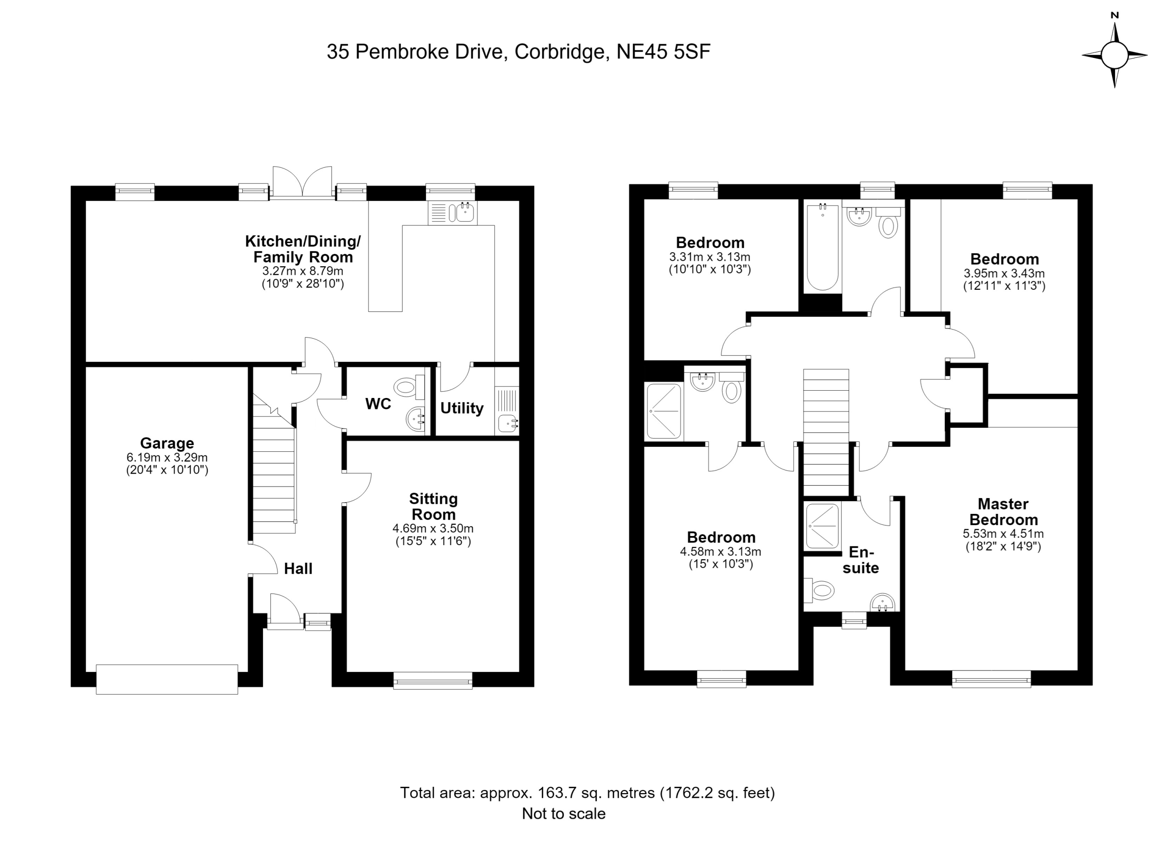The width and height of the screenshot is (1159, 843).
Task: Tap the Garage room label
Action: tap(167, 443)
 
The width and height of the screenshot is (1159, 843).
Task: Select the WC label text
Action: tap(378, 404)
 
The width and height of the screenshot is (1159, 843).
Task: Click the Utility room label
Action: tap(462, 408)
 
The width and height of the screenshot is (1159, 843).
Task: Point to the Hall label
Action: tap(298, 569)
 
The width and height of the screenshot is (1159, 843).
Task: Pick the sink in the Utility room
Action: tap(508, 423)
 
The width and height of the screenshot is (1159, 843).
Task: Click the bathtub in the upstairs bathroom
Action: tap(823, 248)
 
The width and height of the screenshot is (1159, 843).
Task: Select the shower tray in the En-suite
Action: tap(822, 526)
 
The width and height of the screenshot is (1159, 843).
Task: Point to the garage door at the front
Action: tap(167, 679)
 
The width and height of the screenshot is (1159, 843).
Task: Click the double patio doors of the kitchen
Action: tap(302, 182)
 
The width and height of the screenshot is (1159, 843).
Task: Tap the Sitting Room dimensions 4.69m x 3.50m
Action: tap(433, 529)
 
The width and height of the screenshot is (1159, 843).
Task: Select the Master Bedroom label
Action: tap(1004, 512)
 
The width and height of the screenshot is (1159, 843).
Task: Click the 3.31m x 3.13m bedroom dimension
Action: tap(710, 257)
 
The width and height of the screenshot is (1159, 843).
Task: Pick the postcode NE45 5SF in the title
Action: tap(663, 52)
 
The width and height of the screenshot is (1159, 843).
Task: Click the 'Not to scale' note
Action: tap(564, 814)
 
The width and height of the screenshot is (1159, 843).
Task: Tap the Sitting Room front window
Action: tap(433, 680)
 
